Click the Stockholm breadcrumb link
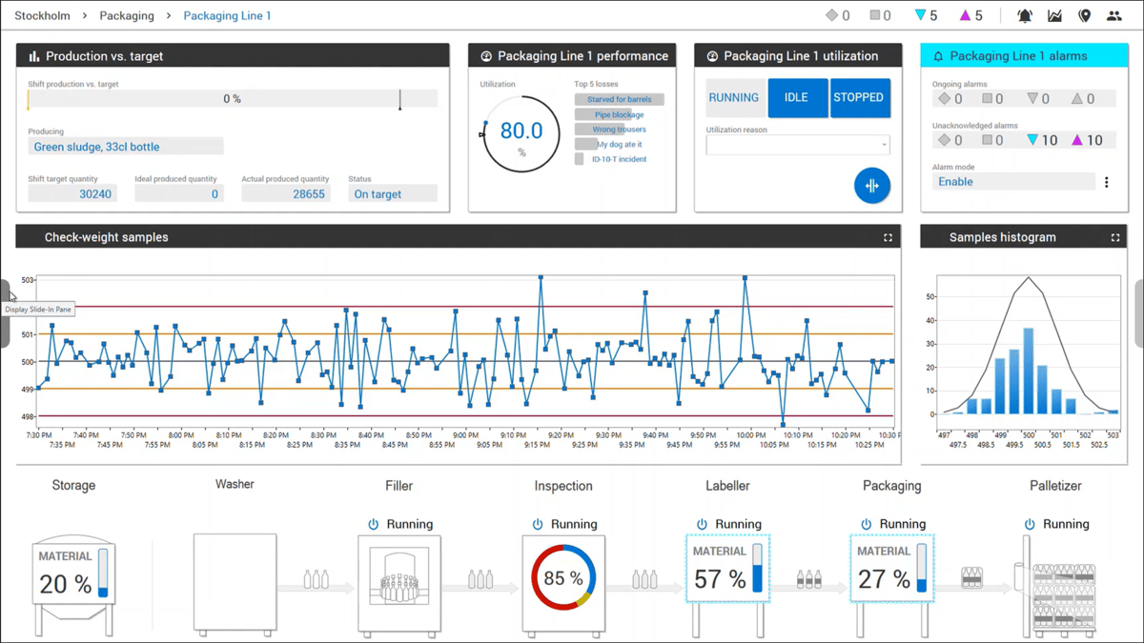coord(42,16)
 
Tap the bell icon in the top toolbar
coord(1025,16)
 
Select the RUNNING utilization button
coord(734,98)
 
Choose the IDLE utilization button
coord(796,98)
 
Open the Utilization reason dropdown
coord(798,145)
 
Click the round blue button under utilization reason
coord(871,186)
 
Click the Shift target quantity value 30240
coord(72,194)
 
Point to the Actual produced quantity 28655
coord(286,194)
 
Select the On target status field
coord(392,194)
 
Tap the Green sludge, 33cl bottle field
coord(126,147)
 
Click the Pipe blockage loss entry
coord(619,114)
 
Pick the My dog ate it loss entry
coord(619,145)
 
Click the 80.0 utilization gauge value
coord(521,131)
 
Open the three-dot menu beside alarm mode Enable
coord(1106,182)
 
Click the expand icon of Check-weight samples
coord(888,237)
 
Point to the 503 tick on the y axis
coord(28,280)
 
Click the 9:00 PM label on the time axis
coord(465,435)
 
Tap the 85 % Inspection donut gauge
coord(563,578)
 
